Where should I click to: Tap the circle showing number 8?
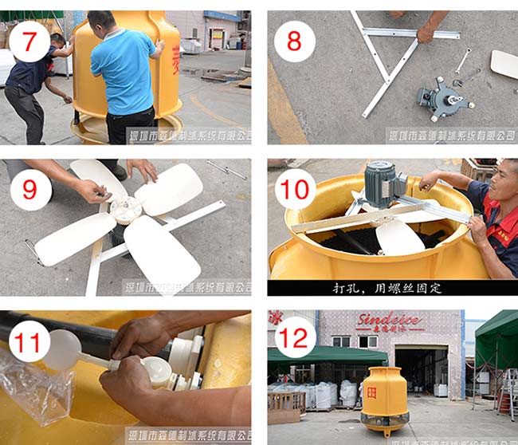coord(294,41)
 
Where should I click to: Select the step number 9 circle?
coord(29,189)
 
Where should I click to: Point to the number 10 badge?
coord(295,189)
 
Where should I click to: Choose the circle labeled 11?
coord(29,341)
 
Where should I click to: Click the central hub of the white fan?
coord(125,211)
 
